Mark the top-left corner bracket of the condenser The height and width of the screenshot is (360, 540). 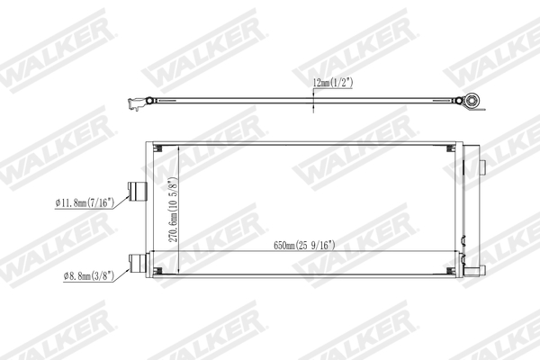click(158, 148)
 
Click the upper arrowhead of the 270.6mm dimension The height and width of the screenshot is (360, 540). click(180, 148)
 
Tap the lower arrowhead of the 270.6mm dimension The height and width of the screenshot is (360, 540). click(180, 271)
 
